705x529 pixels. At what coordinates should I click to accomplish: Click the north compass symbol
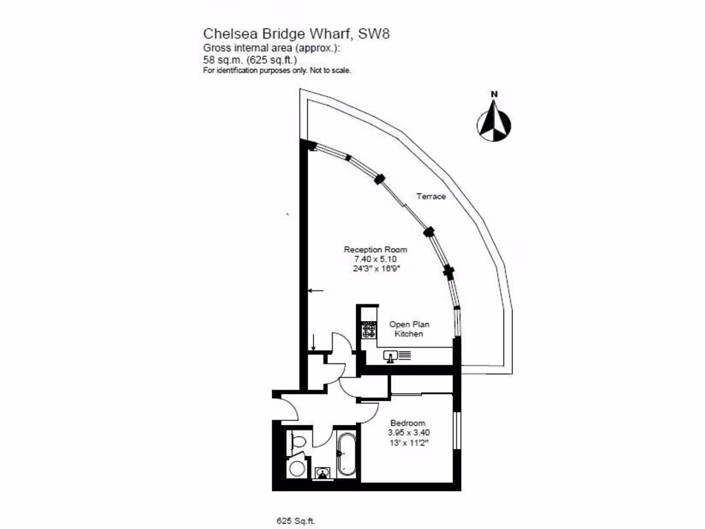tap(494, 123)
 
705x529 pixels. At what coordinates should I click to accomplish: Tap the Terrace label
tap(431, 196)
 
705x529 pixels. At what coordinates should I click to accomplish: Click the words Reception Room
tap(375, 249)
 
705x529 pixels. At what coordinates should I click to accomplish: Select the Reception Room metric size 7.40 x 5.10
tap(375, 258)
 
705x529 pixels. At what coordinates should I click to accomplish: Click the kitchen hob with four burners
tap(369, 330)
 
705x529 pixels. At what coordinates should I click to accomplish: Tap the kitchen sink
tap(390, 357)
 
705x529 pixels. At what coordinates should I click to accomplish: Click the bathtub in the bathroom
tap(346, 455)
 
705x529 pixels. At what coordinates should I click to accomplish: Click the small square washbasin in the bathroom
tap(322, 473)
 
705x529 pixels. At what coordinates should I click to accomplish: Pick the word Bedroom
tap(408, 423)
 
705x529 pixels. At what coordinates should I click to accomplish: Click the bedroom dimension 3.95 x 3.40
tap(410, 433)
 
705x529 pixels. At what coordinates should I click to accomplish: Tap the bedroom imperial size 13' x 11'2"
tap(408, 442)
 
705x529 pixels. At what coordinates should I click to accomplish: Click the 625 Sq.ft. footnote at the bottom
tap(291, 521)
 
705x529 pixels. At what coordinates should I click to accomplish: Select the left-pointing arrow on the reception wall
tap(315, 291)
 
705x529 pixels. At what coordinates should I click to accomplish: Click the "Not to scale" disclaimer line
tap(277, 70)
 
